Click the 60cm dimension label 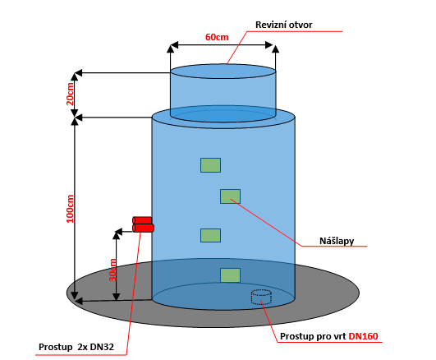pos(217,37)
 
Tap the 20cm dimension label pos(70,94)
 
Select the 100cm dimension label pos(70,209)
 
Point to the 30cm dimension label pos(112,270)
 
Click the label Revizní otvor pos(283,25)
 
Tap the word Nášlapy pos(337,241)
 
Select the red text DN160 pos(363,336)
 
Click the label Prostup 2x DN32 pos(76,347)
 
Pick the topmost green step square pos(210,165)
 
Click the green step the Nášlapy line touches pos(230,196)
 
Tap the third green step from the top pos(210,236)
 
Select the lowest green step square pos(230,275)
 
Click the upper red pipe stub pos(142,220)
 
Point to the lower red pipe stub pos(143,228)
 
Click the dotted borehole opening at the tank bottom pos(261,297)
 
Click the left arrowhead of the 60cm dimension pos(174,45)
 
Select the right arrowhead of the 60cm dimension pos(269,45)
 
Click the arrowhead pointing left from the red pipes pos(119,232)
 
